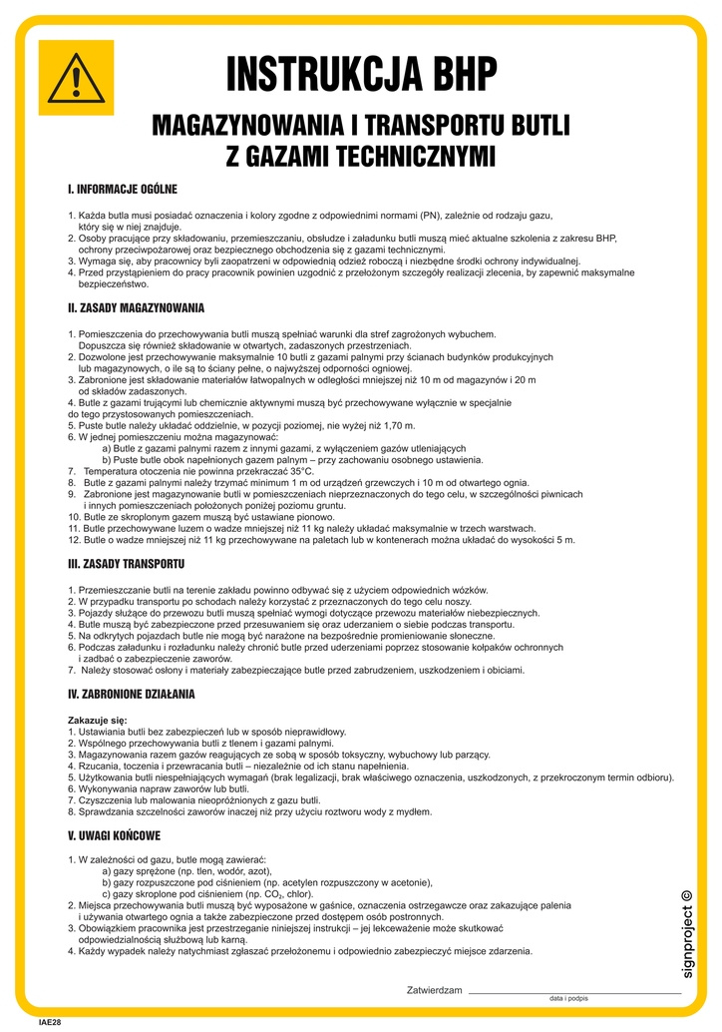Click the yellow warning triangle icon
click(x=76, y=77)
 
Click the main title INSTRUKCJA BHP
click(x=360, y=75)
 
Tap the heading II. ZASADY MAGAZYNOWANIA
click(x=136, y=307)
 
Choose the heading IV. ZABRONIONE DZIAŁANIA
click(x=131, y=693)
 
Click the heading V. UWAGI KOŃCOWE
click(x=114, y=834)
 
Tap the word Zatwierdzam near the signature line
click(x=435, y=990)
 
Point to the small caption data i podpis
click(x=568, y=999)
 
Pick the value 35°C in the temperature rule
click(x=294, y=470)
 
